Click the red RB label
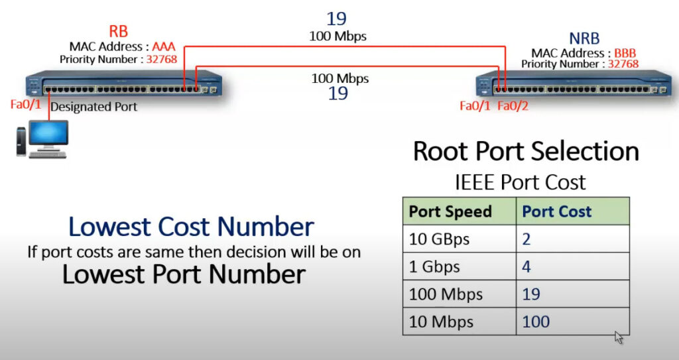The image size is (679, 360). (x=118, y=31)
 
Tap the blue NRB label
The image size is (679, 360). (x=584, y=38)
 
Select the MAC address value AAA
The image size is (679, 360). (x=164, y=46)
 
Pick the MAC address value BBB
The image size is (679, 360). (x=625, y=53)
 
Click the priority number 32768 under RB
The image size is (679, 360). (x=162, y=59)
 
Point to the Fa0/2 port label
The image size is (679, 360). (x=513, y=105)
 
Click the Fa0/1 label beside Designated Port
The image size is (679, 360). (x=26, y=104)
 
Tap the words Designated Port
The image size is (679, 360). (x=93, y=107)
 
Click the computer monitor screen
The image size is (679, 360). (x=48, y=133)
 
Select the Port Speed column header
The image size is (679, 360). (x=450, y=211)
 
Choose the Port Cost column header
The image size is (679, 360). (x=556, y=211)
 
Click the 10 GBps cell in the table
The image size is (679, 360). (x=459, y=239)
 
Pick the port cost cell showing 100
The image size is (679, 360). (x=572, y=322)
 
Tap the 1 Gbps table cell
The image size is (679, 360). (x=459, y=267)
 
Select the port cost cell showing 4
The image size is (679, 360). (x=572, y=267)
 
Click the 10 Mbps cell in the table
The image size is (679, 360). (x=459, y=322)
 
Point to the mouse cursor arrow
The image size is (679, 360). (x=619, y=337)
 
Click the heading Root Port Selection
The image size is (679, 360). (x=526, y=151)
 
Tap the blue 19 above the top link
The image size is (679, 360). (x=336, y=19)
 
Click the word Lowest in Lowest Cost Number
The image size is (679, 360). (x=109, y=227)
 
